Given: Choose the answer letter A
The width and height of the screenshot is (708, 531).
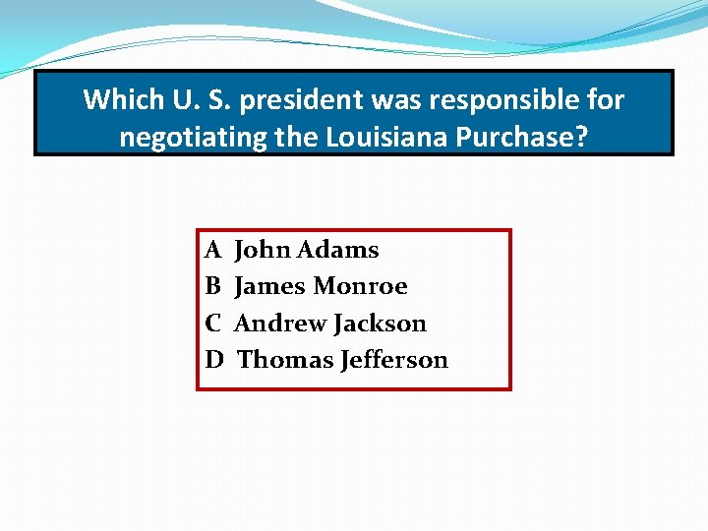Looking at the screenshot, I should pos(212,250).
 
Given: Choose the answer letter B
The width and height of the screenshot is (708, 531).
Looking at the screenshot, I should pos(212,286).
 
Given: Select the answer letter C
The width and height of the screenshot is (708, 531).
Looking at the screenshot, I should pos(212,324).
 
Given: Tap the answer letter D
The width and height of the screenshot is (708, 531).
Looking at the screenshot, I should pos(214,360).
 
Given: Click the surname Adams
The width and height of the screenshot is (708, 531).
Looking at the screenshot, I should pos(337,250).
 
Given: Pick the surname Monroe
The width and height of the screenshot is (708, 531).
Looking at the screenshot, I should pos(360,286).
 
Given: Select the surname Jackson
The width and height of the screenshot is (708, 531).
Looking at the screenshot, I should pos(380,324).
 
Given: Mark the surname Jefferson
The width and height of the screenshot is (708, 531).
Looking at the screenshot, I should pos(393,360).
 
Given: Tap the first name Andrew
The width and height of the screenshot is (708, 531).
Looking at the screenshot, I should pos(279,324).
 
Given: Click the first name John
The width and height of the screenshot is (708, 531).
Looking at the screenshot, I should pos(262,250).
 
